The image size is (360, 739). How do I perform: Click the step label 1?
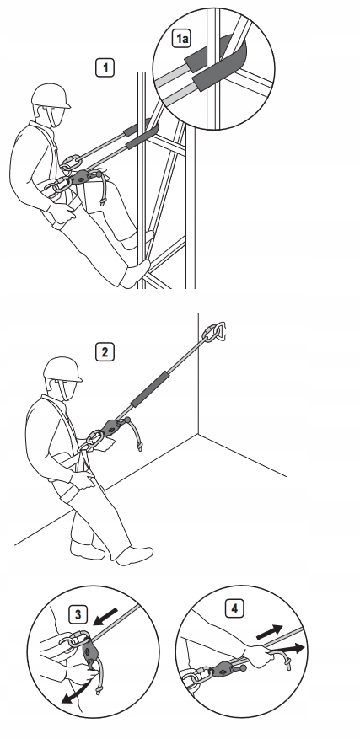105,67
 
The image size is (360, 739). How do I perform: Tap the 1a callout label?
181,38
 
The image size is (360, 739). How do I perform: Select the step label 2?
105,351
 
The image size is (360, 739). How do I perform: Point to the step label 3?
78,614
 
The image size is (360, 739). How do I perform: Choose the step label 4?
234,608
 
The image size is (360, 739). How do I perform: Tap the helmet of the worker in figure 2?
62,369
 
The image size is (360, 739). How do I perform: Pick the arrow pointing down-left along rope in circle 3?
105,616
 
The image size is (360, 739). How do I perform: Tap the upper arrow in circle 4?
270,632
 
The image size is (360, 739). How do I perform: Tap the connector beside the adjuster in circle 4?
200,675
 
